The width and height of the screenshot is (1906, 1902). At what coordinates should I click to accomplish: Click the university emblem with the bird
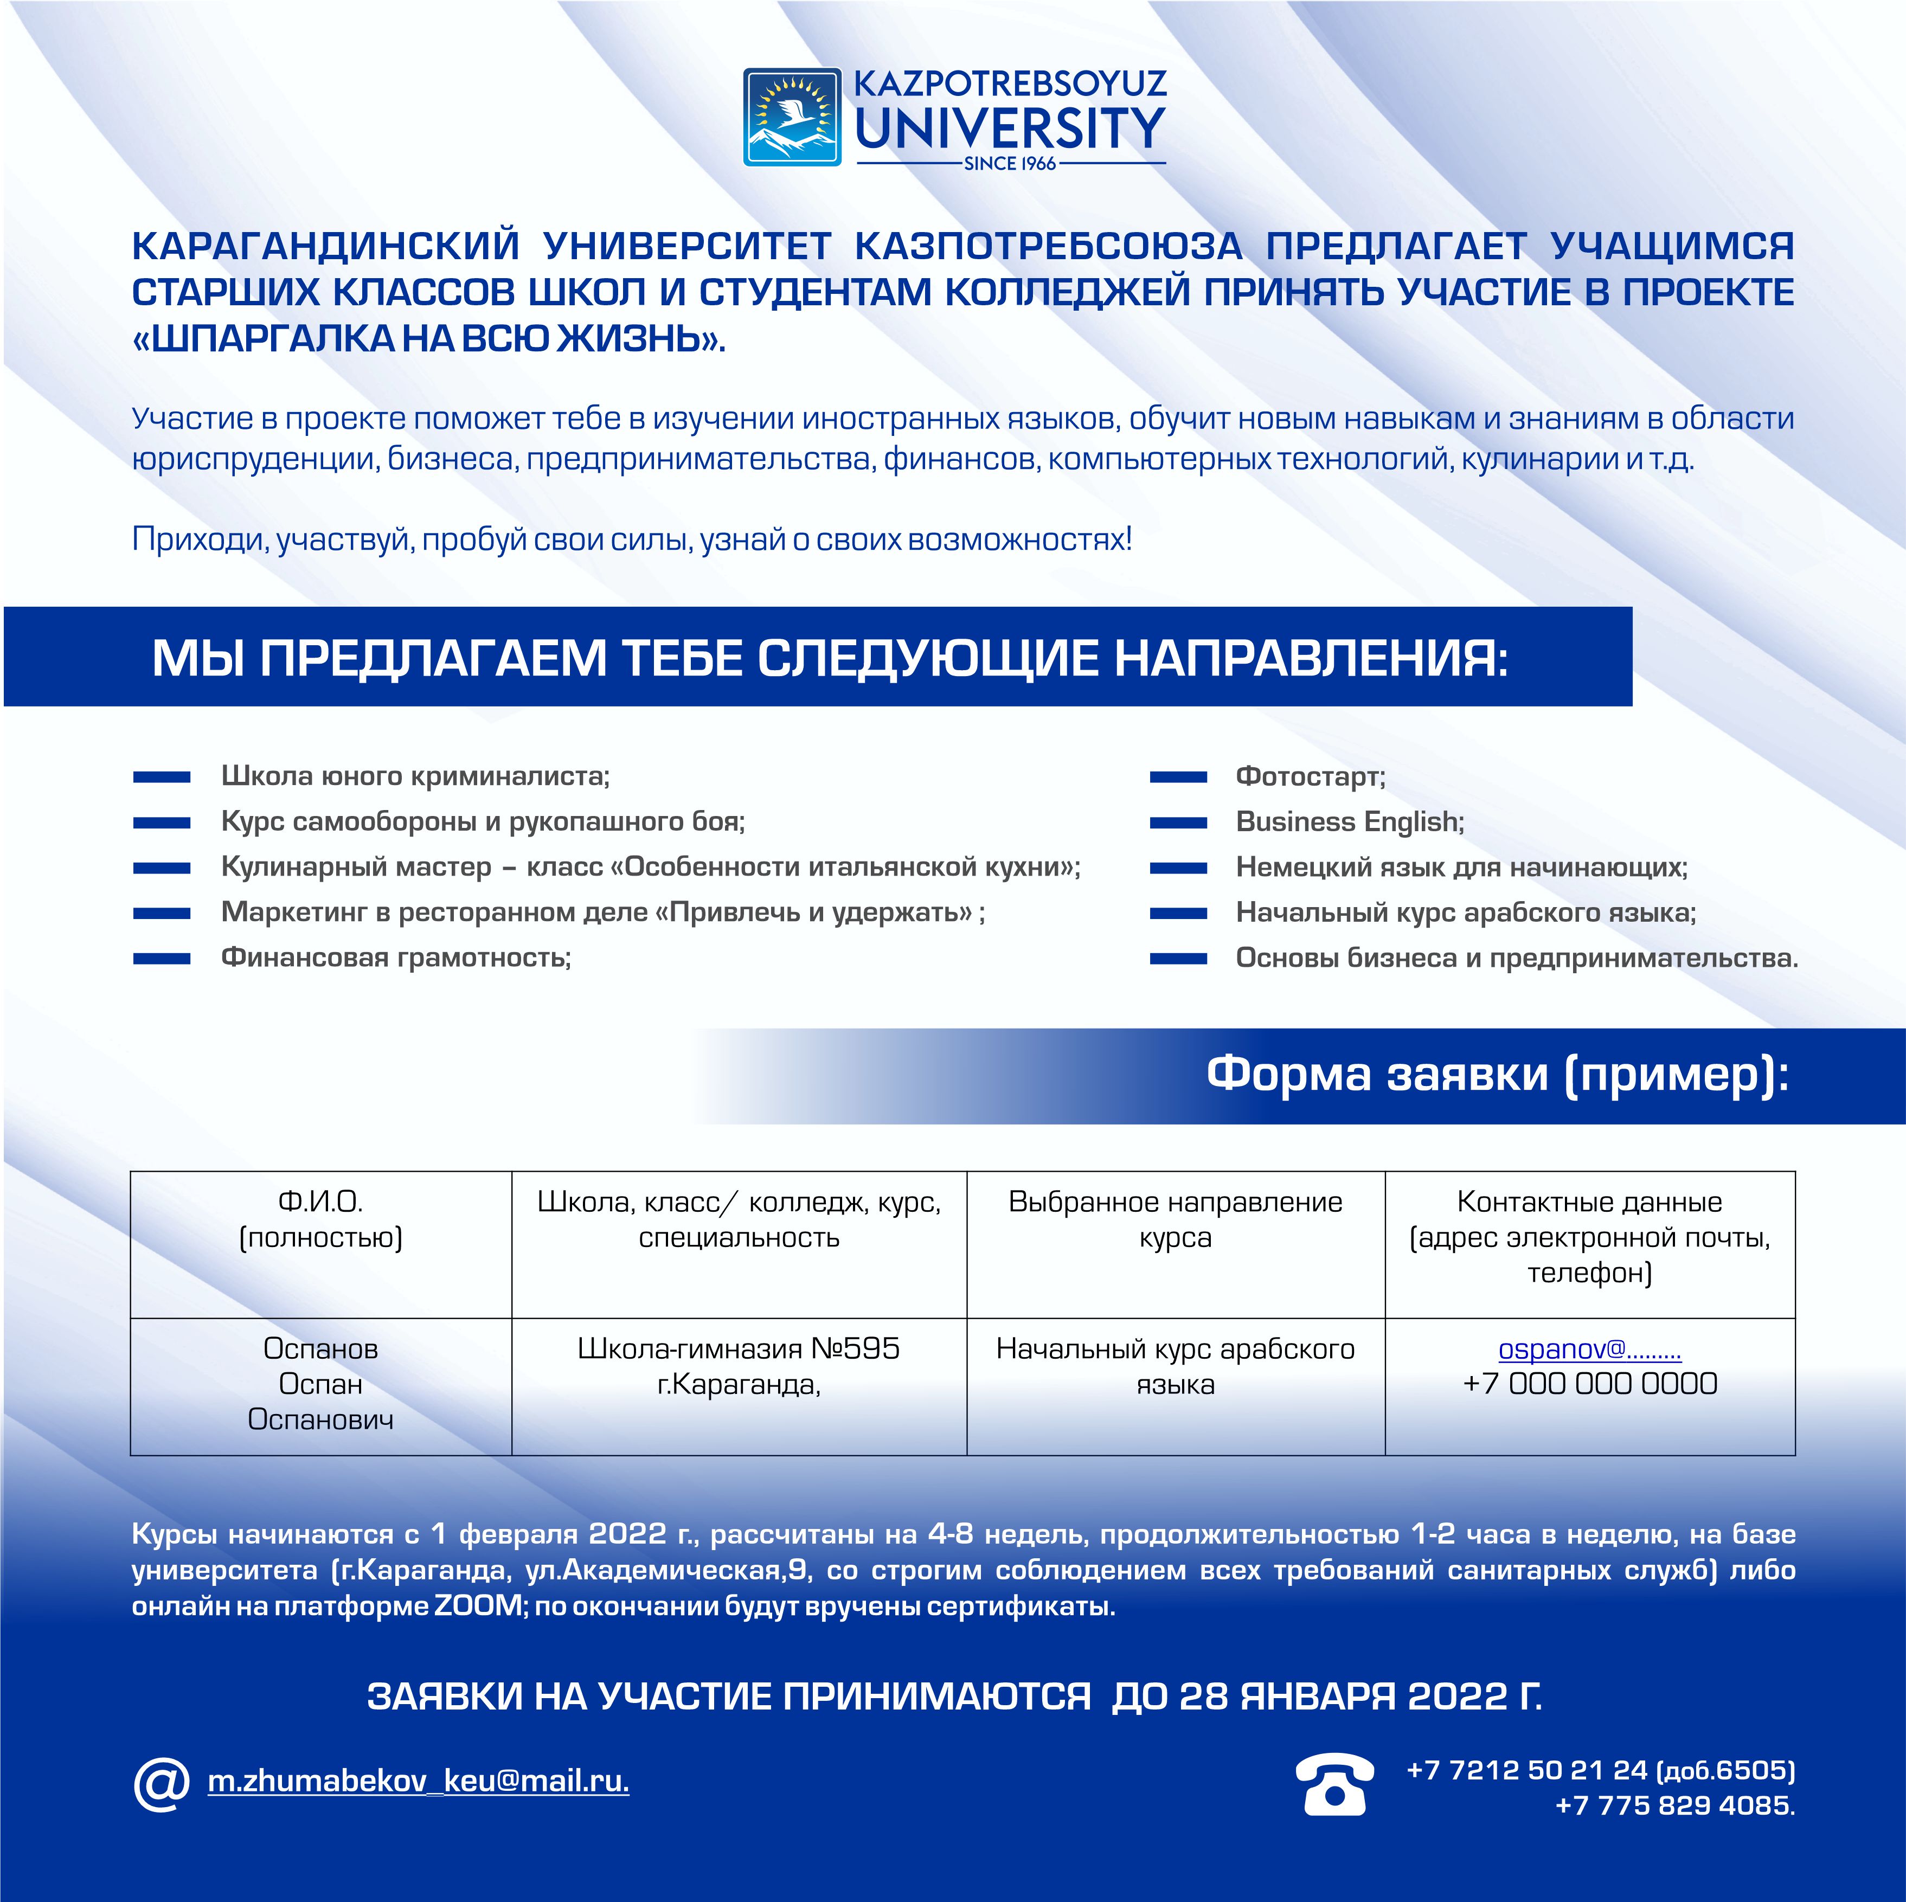pos(792,117)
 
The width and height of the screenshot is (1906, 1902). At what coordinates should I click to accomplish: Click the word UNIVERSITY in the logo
pos(1010,128)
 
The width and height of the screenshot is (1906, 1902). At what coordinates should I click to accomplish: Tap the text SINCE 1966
pos(1010,164)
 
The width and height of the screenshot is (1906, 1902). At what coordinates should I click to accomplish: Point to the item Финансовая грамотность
pos(396,958)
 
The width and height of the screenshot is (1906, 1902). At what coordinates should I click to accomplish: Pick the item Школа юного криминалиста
pos(415,776)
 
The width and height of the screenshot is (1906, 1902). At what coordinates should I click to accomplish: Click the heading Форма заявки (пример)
pos(1498,1074)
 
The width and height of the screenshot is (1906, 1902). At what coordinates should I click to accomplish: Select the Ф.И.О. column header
pos(320,1219)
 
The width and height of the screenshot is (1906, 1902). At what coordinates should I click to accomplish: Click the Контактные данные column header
pos(1589,1237)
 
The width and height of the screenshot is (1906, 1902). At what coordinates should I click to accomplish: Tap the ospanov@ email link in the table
pos(1589,1350)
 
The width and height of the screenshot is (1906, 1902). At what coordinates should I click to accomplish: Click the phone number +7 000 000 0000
pos(1589,1384)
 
